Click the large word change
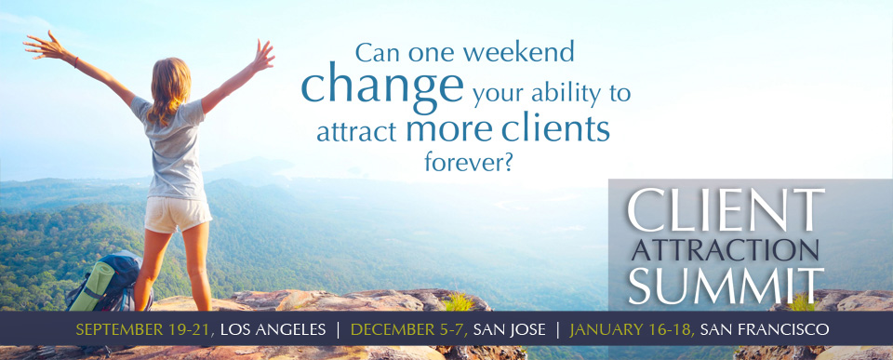(382, 86)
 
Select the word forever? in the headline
(469, 161)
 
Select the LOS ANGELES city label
(273, 329)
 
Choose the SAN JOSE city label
(509, 329)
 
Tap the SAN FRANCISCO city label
(765, 329)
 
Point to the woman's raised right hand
(262, 57)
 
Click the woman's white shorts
(177, 214)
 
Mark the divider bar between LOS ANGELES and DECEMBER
(339, 329)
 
